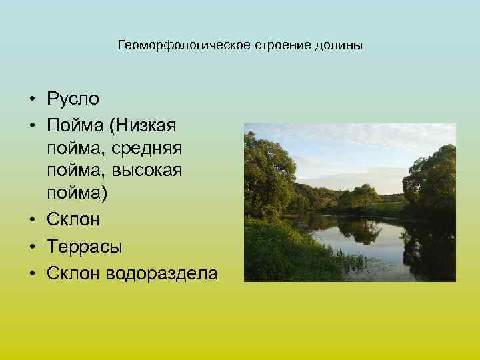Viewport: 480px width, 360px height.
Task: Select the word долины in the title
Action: point(343,46)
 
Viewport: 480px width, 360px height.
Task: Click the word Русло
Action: point(73,100)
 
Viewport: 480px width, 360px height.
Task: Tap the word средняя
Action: point(150,146)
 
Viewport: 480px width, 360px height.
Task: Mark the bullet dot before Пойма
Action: point(32,124)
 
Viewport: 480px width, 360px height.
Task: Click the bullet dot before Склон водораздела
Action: point(32,272)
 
